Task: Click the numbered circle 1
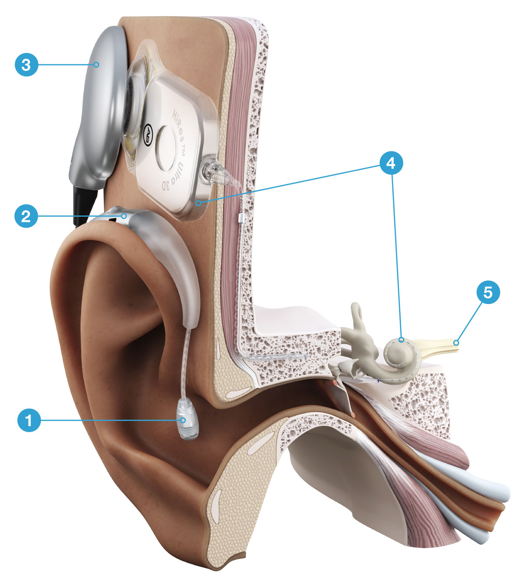click(29, 420)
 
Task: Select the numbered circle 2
click(26, 215)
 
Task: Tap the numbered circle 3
click(26, 65)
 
